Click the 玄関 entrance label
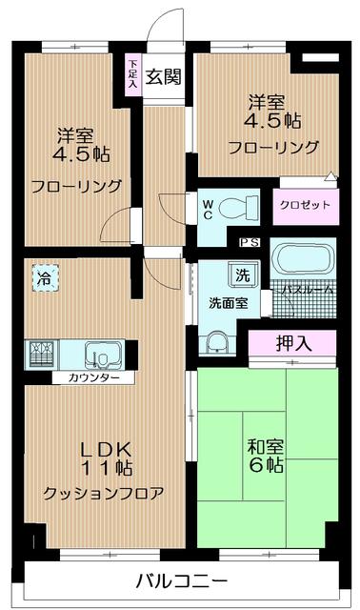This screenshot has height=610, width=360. pyautogui.click(x=163, y=76)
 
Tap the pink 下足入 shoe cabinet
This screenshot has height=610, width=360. pyautogui.click(x=133, y=74)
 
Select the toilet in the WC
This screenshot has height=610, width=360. pyautogui.click(x=238, y=206)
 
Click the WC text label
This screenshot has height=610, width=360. pyautogui.click(x=208, y=210)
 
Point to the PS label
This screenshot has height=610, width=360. pyautogui.click(x=250, y=242)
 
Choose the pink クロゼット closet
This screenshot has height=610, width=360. pyautogui.click(x=305, y=206)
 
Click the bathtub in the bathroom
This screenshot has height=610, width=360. pyautogui.click(x=303, y=258)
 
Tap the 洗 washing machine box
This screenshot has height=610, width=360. pyautogui.click(x=243, y=275)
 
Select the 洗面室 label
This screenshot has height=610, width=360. pyautogui.click(x=229, y=303)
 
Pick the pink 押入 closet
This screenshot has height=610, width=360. pyautogui.click(x=292, y=344)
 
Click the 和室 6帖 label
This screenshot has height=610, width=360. pyautogui.click(x=266, y=456)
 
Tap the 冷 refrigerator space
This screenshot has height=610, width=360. pyautogui.click(x=45, y=278)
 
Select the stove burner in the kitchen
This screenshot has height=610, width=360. pyautogui.click(x=42, y=354)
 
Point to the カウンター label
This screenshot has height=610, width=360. pyautogui.click(x=93, y=377)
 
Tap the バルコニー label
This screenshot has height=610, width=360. pyautogui.click(x=181, y=581)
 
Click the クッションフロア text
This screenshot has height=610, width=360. pyautogui.click(x=103, y=494)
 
